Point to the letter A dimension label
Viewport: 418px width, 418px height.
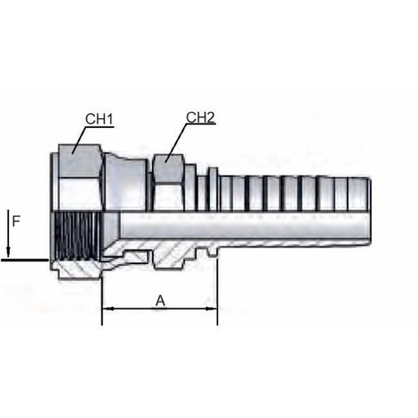tap(160, 300)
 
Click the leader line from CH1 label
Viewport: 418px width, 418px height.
tap(75, 141)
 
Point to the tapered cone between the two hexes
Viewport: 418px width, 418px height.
tap(128, 178)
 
